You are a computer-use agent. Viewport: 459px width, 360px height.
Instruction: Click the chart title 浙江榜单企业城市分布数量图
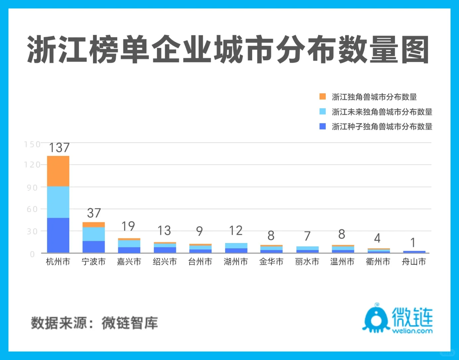[228, 50]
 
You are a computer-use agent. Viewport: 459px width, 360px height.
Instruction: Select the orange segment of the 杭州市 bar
[58, 171]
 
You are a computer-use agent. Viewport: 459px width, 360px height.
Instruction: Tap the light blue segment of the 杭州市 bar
[58, 202]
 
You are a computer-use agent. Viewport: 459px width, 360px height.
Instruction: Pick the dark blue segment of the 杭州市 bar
[58, 235]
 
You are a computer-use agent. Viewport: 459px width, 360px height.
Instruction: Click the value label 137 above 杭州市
[59, 148]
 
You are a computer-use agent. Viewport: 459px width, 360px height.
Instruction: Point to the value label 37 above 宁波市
[94, 213]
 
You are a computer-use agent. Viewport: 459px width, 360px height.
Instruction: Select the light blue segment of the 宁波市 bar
[94, 234]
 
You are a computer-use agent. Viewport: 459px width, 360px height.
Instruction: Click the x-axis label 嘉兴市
[129, 262]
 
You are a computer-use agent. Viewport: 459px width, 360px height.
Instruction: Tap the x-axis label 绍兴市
[165, 262]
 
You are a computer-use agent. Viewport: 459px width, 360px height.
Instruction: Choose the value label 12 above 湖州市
[236, 230]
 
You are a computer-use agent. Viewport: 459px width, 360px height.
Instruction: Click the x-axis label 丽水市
[307, 262]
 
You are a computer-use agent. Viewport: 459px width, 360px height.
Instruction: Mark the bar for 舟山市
[414, 252]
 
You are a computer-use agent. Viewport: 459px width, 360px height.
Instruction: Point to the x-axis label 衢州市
[378, 262]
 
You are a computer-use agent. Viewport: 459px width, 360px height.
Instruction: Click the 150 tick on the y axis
[32, 144]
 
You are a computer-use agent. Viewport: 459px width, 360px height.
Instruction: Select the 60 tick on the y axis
[32, 209]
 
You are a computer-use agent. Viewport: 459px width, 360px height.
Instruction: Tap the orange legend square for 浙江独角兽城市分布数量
[322, 97]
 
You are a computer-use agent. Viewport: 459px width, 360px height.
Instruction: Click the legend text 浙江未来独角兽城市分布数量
[382, 112]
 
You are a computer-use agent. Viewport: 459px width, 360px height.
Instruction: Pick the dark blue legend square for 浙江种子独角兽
[322, 126]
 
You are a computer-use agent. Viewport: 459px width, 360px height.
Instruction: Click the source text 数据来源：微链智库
[94, 323]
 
